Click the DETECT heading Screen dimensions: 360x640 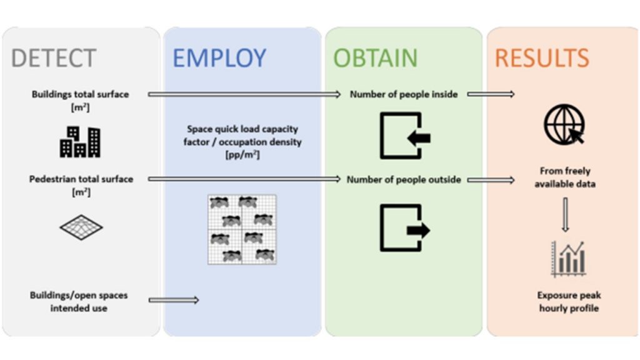pos(54,58)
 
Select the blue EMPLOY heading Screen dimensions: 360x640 pos(219,58)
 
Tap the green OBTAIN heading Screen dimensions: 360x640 pos(375,58)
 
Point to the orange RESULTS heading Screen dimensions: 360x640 pos(542,58)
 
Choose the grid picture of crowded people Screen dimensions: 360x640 pos(242,229)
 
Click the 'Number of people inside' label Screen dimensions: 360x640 pos(404,94)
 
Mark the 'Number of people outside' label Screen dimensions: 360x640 pos(404,180)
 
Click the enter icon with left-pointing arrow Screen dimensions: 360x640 pos(404,136)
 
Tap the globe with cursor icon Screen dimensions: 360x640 pos(564,124)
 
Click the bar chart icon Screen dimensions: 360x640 pos(568,259)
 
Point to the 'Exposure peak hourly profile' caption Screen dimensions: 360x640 pos(569,301)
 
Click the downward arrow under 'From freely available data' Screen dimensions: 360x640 pos(565,214)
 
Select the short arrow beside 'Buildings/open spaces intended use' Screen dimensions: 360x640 pos(174,300)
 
